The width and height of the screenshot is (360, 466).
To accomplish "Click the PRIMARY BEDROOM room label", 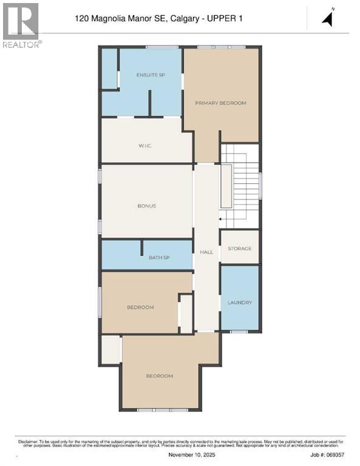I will click(220, 103).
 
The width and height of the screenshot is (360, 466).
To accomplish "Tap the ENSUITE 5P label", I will click(151, 75).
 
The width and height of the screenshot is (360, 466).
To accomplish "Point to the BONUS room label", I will click(146, 206).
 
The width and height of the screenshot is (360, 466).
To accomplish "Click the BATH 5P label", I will click(159, 258).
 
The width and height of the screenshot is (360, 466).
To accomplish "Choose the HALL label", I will click(206, 251).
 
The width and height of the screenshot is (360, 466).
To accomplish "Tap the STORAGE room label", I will click(239, 249).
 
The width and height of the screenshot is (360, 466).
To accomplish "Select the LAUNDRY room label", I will click(239, 302).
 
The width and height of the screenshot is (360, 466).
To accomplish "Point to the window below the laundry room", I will click(239, 331).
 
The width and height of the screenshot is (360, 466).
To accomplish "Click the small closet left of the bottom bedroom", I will click(110, 349).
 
